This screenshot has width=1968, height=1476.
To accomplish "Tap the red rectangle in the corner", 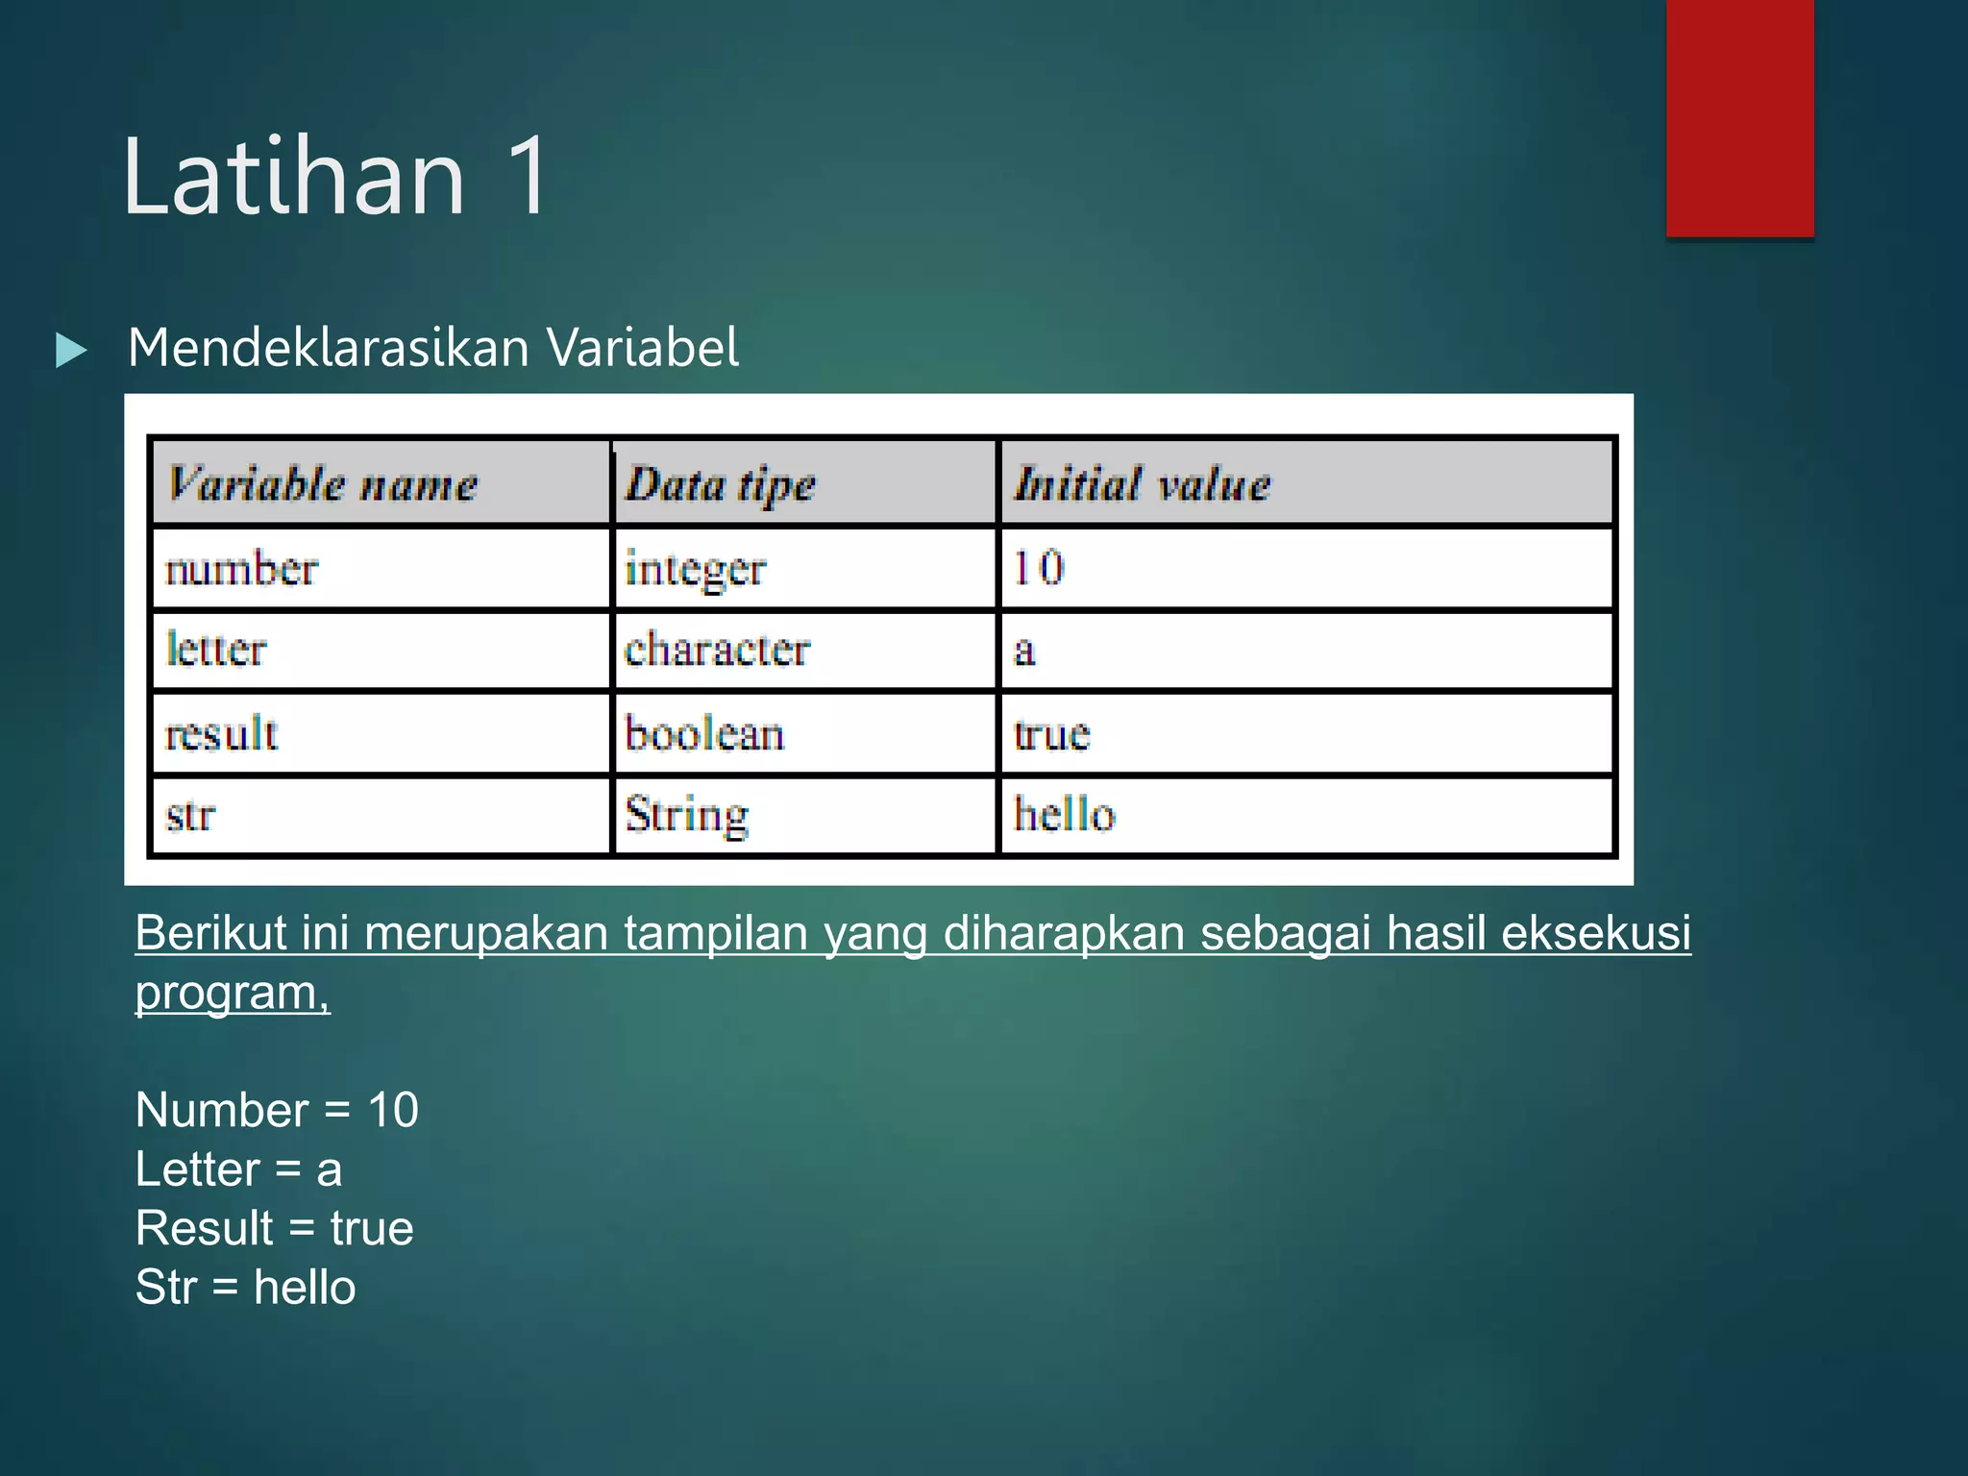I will click(1739, 117).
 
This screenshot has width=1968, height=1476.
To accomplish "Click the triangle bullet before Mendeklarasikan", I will click(71, 350).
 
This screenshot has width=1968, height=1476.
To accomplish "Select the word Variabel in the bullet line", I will click(643, 347).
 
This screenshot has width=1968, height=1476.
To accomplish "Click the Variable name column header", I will click(323, 483).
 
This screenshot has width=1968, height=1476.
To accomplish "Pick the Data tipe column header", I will click(721, 484).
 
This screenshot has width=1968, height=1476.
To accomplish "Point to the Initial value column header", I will click(1143, 483).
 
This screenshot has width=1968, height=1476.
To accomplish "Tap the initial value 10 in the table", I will click(1039, 567).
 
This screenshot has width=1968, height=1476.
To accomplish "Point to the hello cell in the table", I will click(1065, 815).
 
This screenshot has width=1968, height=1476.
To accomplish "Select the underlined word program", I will click(230, 993).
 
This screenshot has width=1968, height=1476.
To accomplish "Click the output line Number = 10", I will click(277, 1110).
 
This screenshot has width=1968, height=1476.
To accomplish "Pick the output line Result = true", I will click(274, 1228).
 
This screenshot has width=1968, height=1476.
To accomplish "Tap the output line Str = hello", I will click(245, 1288).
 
